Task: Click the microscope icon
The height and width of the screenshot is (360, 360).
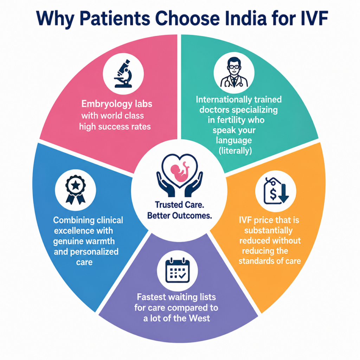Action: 123,73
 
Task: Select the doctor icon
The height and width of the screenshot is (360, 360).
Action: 234,72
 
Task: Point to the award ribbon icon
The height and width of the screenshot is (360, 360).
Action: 76,189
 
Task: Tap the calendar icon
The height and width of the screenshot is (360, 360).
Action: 178,270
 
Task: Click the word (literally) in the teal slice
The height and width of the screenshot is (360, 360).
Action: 235,150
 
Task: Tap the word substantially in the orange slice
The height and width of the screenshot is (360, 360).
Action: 268,230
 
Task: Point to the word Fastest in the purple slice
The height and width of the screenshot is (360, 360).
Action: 151,297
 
